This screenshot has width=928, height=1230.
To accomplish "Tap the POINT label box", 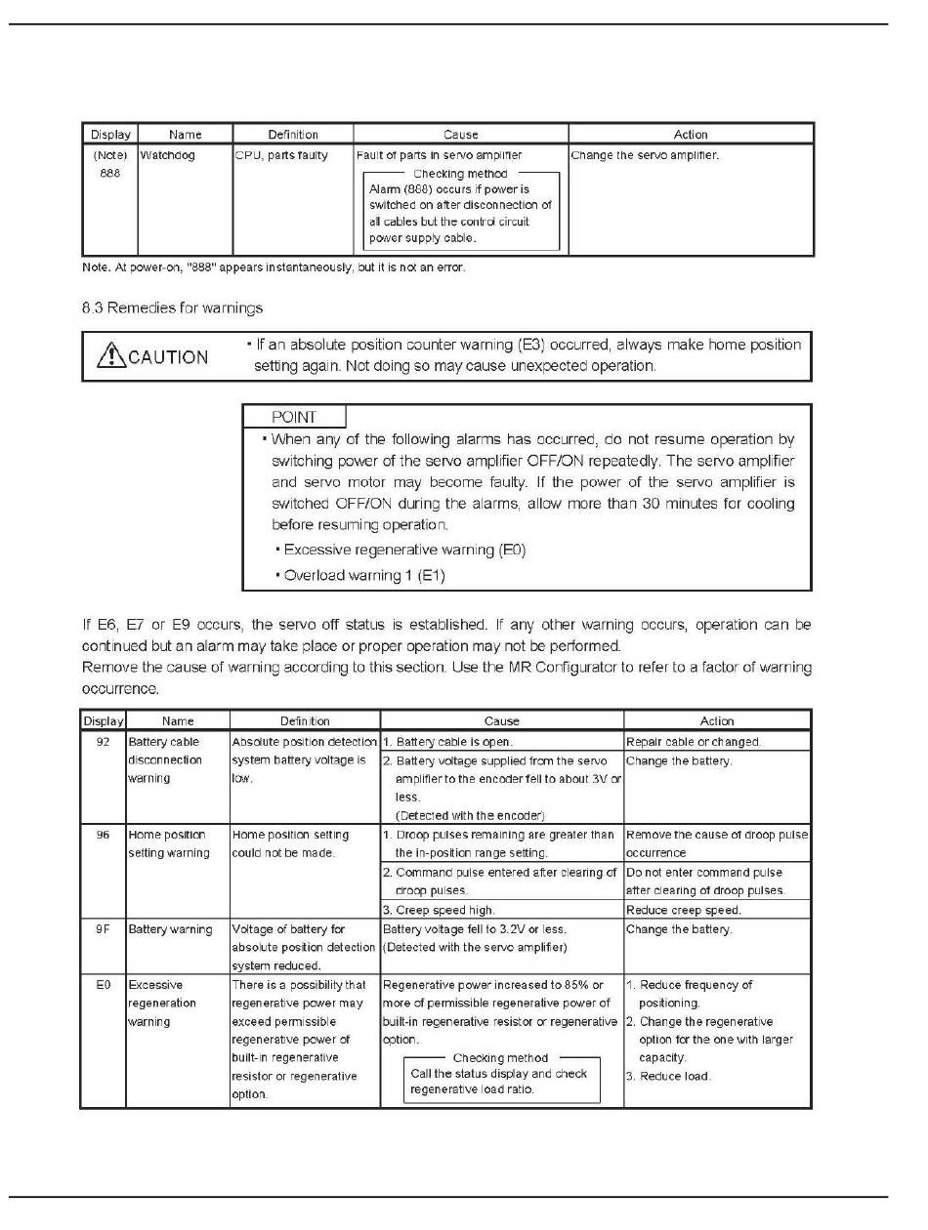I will tap(294, 417).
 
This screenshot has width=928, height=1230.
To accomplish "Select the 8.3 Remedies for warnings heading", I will tap(173, 308).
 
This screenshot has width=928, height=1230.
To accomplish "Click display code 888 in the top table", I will tap(109, 173).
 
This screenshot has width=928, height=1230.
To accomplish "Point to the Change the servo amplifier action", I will tap(645, 155).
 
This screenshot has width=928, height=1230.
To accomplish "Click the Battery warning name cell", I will tap(171, 929).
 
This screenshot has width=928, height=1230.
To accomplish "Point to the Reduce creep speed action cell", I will tap(683, 910).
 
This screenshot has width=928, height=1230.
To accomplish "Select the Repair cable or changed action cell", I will tap(693, 742).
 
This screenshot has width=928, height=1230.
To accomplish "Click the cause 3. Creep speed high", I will tap(439, 910).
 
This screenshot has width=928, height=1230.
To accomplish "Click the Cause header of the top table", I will tap(460, 135).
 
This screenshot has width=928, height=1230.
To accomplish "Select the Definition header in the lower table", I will tap(305, 720).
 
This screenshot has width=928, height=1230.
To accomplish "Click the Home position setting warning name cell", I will tap(169, 843).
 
